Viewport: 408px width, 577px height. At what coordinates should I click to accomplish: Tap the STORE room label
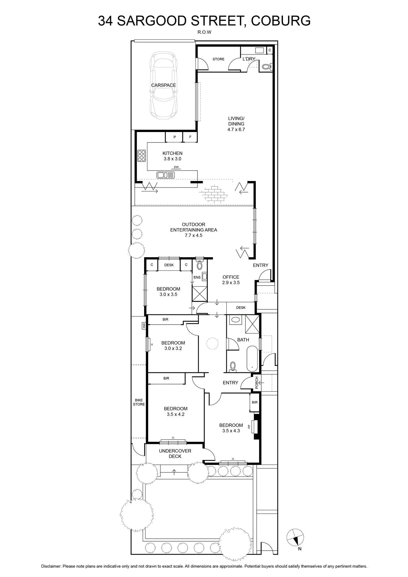coord(218,59)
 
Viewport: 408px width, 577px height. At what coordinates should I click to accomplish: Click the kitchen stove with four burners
coord(141,155)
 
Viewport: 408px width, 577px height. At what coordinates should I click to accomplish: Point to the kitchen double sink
coord(165,175)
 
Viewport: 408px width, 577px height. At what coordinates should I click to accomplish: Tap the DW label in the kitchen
coord(176,167)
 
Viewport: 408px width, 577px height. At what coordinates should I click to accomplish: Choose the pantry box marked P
coord(174,137)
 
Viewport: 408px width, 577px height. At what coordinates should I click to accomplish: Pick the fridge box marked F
coord(190,137)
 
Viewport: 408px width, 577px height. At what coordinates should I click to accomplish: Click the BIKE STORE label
coord(139,402)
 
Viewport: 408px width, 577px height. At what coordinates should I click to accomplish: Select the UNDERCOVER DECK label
coord(175,453)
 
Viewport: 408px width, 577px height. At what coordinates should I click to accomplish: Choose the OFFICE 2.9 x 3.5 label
coord(231,280)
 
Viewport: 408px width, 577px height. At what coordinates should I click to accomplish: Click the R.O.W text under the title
coord(204,32)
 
